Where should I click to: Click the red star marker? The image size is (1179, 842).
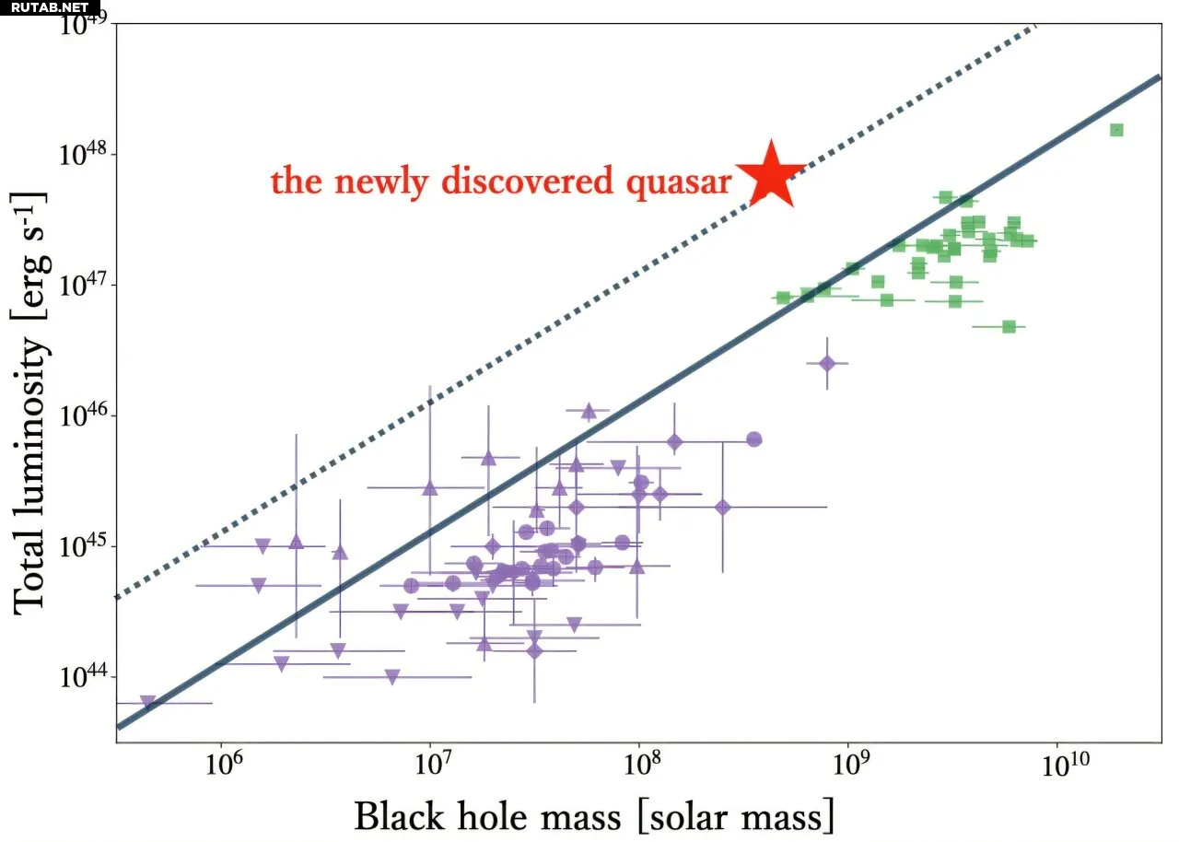tap(771, 173)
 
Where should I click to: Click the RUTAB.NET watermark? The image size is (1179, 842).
tap(50, 7)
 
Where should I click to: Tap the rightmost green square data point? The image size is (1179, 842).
tap(1116, 130)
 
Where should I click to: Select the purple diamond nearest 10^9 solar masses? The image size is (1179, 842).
tap(827, 364)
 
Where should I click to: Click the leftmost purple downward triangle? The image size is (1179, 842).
tap(147, 702)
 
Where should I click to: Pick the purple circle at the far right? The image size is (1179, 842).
tap(753, 439)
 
